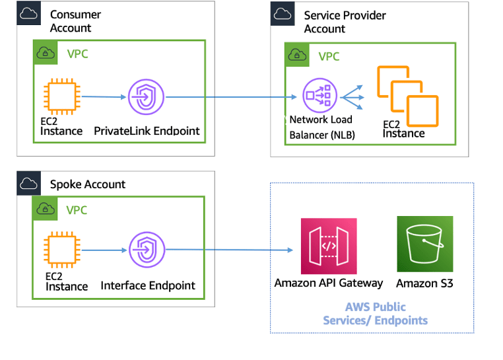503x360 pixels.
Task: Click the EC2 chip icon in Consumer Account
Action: pos(61,97)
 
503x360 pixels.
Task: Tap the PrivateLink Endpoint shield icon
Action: pos(146,97)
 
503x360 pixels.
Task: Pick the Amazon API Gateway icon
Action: pos(328,246)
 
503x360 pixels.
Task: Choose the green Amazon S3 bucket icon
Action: pos(424,244)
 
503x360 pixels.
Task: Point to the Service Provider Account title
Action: pos(345,22)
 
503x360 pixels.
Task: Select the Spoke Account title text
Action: pos(87,184)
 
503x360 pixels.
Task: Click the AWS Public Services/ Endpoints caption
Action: pos(375,314)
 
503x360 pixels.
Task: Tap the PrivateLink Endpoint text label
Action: pos(147,130)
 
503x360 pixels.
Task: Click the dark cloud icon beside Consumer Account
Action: pos(29,14)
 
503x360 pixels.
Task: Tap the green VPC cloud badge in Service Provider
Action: pos(297,55)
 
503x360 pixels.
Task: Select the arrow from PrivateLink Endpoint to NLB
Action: pos(231,98)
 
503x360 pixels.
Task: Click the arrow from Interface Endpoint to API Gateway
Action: pos(231,250)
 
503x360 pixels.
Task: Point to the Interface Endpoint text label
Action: pos(148,285)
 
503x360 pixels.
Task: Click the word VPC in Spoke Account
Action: pos(77,210)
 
